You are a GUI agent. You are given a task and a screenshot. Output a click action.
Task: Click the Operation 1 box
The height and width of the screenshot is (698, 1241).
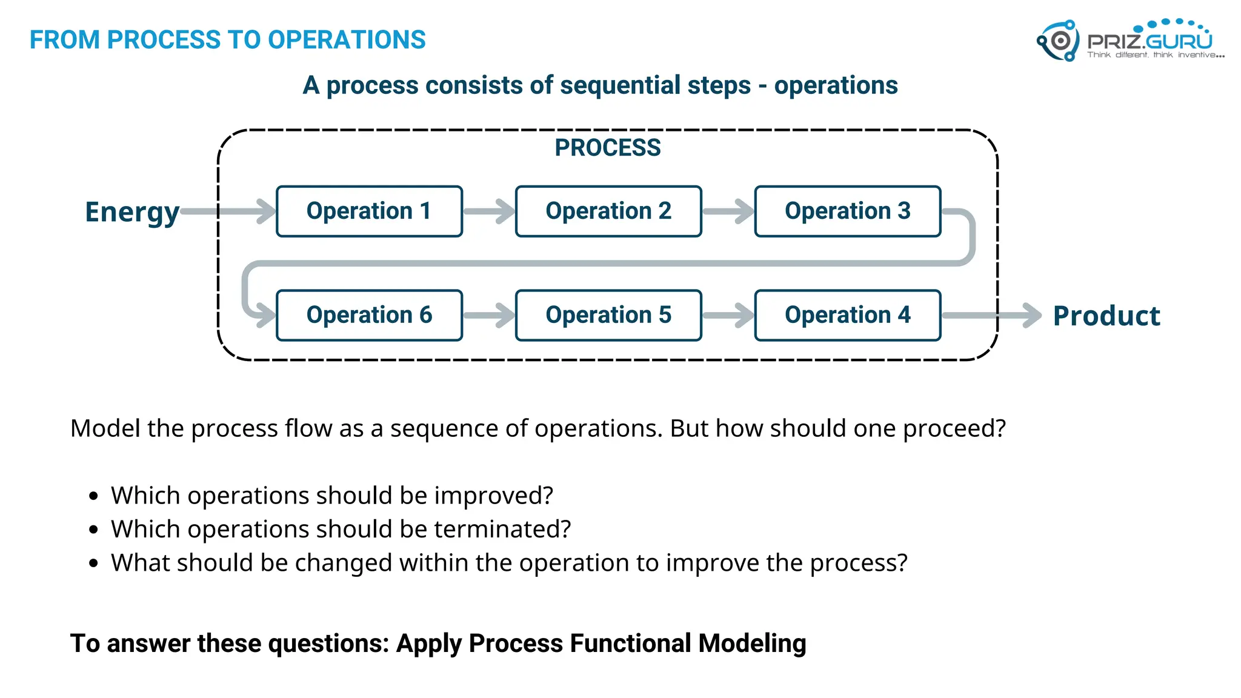point(369,211)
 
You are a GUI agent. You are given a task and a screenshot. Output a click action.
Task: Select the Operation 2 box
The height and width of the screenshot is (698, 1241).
point(608,211)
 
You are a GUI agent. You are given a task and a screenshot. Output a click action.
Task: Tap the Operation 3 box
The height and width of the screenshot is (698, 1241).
point(848,211)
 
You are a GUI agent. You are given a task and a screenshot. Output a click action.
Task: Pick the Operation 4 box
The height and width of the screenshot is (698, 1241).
point(848,315)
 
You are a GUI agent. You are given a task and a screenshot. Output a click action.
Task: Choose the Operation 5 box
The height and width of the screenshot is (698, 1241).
point(608,315)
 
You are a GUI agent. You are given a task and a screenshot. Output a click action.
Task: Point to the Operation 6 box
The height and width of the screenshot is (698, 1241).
point(369,315)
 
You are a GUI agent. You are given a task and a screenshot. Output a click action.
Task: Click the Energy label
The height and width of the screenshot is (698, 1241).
point(132,213)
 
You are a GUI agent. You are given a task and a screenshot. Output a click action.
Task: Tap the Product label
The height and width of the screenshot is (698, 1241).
point(1106,316)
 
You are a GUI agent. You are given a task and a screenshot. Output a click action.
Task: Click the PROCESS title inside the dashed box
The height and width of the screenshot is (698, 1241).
point(608,148)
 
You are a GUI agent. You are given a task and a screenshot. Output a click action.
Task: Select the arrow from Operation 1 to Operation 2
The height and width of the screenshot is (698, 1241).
point(489,211)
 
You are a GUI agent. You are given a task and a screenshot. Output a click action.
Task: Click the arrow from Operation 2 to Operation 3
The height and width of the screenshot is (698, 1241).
point(728,211)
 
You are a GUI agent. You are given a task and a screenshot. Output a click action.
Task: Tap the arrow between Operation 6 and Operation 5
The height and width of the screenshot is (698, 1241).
point(489,315)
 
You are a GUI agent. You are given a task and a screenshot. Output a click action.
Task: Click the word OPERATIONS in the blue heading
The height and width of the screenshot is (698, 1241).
point(347,40)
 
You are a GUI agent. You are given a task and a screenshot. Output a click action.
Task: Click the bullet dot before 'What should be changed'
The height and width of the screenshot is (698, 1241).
point(93,563)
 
